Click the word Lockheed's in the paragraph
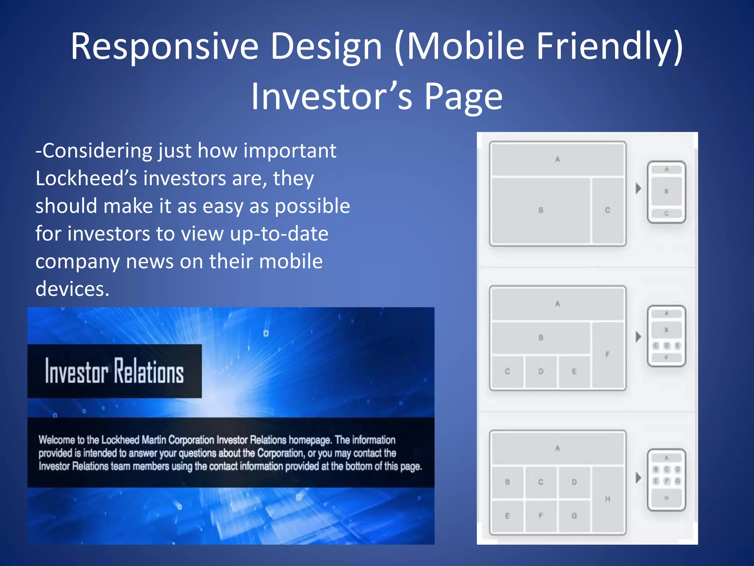(86, 179)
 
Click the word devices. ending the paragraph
(72, 289)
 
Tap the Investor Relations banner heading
(114, 371)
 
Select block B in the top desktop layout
(540, 210)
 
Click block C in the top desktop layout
(607, 210)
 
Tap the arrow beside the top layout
(638, 188)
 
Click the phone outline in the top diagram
(666, 192)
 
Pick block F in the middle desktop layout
(607, 354)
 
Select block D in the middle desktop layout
(540, 371)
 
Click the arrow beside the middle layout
(638, 336)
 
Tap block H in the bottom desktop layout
(607, 499)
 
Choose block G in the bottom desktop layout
(574, 516)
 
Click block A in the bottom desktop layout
(557, 448)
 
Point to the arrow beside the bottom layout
(638, 478)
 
